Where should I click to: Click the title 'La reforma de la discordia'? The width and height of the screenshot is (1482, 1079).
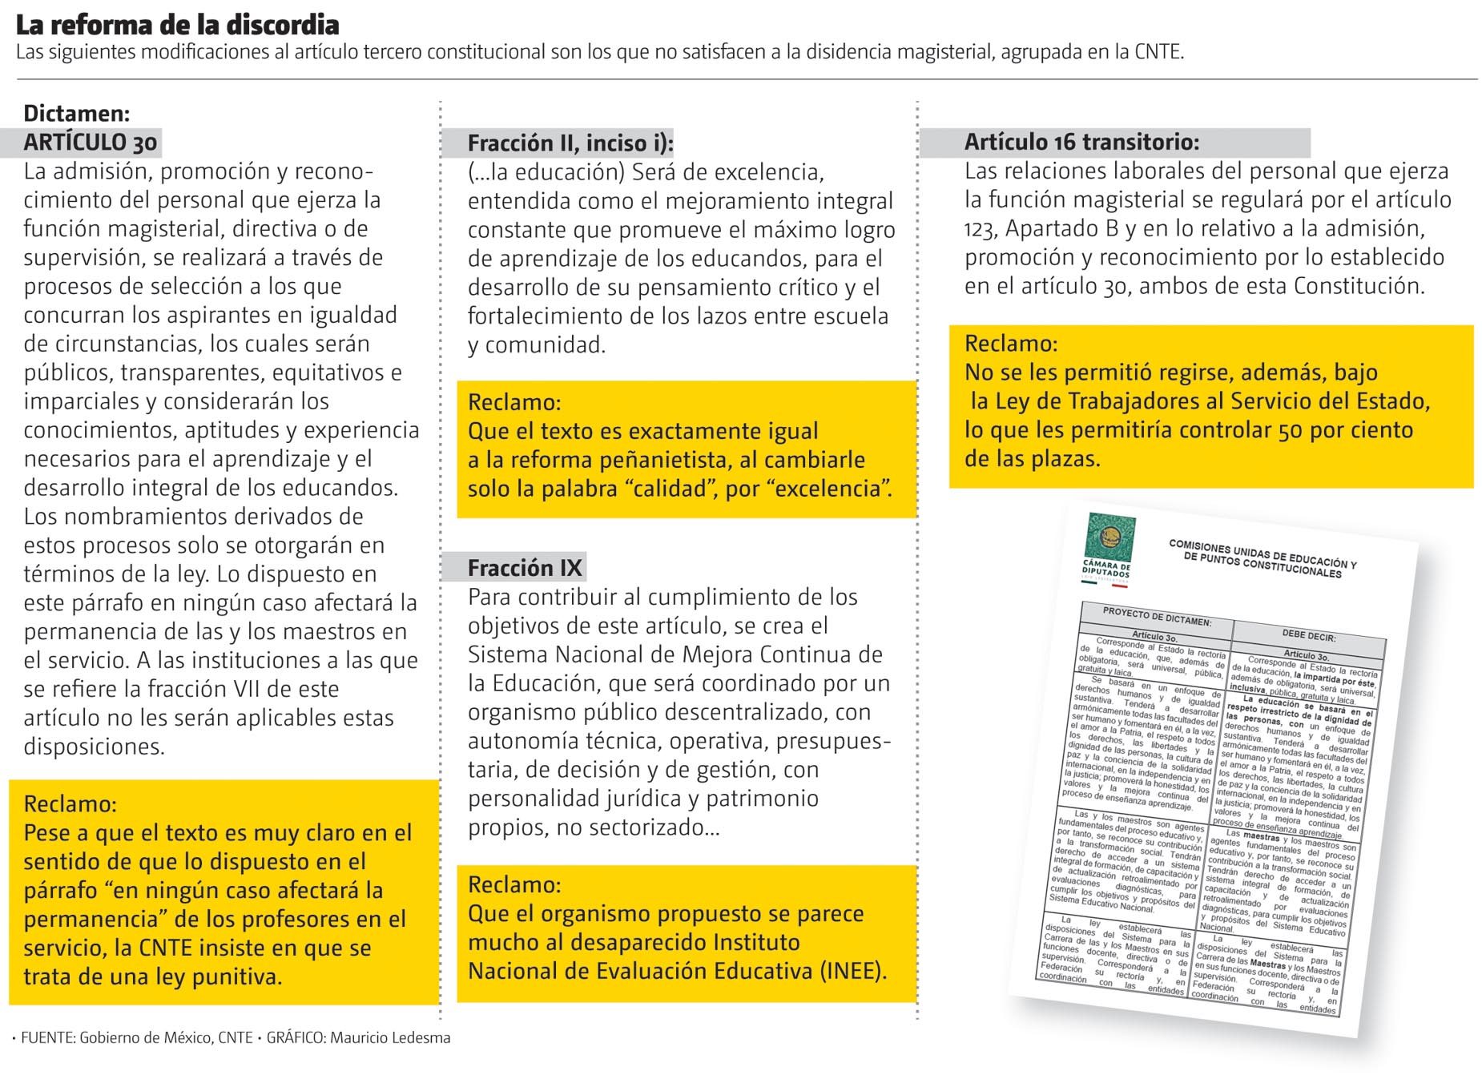coord(177,25)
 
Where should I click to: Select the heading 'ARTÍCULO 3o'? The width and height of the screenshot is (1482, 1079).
coord(90,143)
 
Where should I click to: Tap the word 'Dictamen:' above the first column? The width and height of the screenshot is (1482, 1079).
coord(76,113)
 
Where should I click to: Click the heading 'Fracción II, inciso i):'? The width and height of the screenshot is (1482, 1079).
coord(570,143)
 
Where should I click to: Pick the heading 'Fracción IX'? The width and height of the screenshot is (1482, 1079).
coord(524,568)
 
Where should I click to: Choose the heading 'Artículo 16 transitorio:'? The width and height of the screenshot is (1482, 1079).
coord(1081,143)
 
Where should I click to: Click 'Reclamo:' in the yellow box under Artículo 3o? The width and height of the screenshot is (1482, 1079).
coord(70,803)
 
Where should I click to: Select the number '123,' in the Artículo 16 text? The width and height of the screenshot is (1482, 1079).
coord(981,229)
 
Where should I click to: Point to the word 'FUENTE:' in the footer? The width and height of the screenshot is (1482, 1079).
coord(47,1038)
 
